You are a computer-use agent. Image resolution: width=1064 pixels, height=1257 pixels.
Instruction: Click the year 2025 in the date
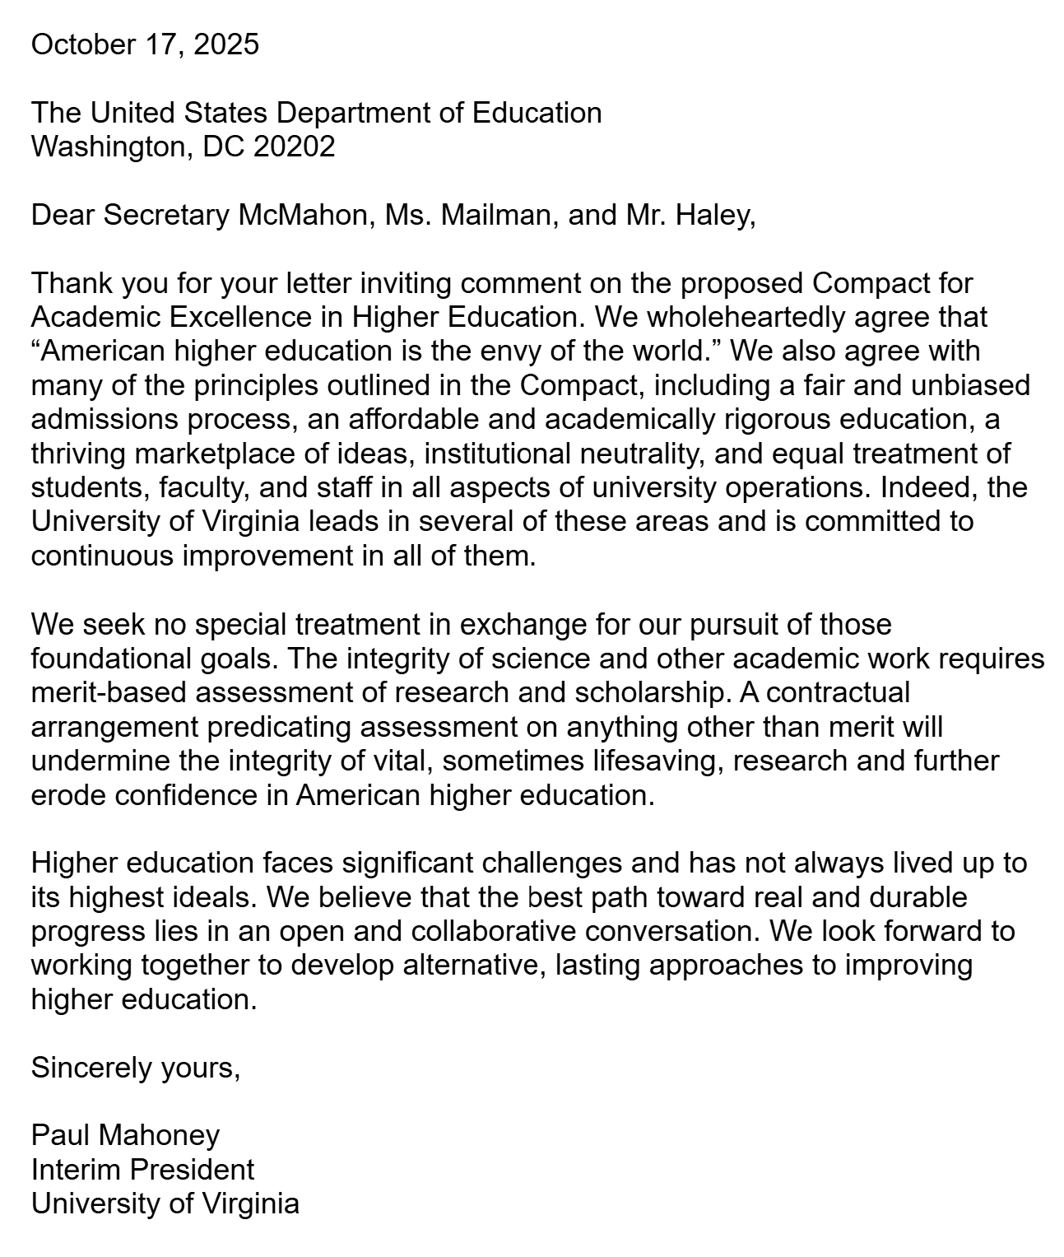click(x=226, y=44)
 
